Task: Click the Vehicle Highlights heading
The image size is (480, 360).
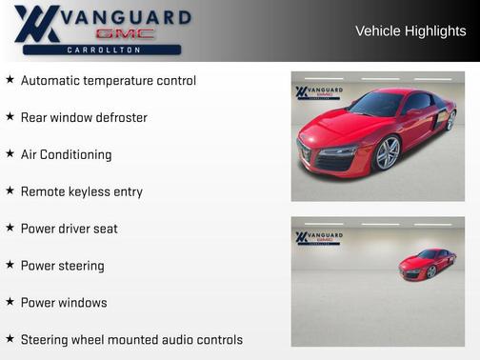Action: [410, 30]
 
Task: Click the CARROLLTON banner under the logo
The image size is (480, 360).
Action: [104, 50]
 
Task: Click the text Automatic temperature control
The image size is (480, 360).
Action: [108, 81]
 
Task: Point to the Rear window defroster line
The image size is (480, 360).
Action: [84, 118]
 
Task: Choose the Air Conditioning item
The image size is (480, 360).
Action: [66, 154]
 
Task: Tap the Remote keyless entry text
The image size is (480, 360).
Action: [81, 191]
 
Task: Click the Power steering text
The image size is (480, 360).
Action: [62, 266]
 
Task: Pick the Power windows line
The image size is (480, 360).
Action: [64, 303]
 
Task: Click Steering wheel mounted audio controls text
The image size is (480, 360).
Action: [131, 340]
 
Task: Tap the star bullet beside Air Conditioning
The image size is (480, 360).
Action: [10, 153]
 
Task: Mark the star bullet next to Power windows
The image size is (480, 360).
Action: [10, 302]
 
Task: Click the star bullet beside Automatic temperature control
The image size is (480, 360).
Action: [10, 80]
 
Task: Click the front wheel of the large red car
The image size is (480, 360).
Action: [388, 152]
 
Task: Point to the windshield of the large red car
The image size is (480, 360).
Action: [376, 104]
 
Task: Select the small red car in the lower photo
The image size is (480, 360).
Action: [427, 264]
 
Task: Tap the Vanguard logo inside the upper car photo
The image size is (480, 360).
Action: [319, 93]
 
